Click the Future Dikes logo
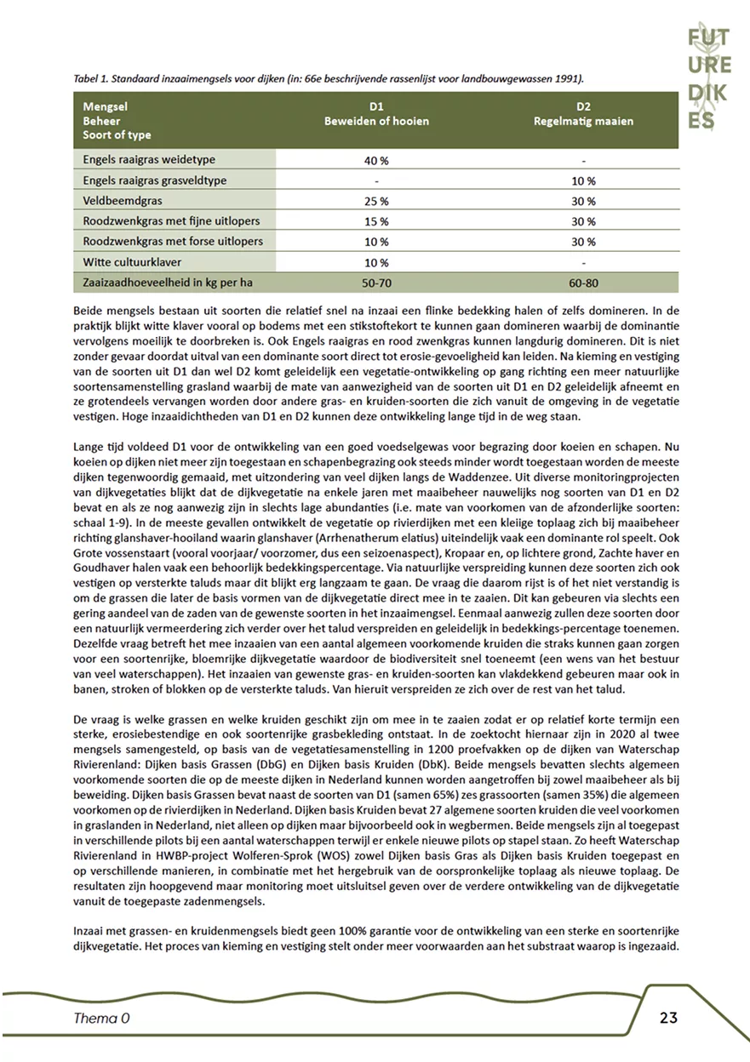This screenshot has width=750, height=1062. coord(709,77)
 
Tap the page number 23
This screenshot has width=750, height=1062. coord(667,1018)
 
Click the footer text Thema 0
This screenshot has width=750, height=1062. coord(102,1018)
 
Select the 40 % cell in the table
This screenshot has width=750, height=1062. coord(375,160)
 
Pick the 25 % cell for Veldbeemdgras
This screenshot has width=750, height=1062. coord(375,201)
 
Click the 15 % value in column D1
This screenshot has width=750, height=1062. coord(375,221)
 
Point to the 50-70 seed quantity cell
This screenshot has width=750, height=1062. coord(375,282)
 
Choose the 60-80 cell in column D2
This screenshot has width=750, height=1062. coord(583,282)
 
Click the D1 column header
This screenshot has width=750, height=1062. coord(376,107)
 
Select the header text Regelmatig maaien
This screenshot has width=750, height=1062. coord(583,121)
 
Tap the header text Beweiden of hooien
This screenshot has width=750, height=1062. coord(376,121)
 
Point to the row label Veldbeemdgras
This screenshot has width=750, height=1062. coord(125,201)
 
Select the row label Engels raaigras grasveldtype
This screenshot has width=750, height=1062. coord(162,180)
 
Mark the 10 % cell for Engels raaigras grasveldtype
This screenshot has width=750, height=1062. coord(583,180)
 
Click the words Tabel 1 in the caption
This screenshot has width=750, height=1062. coord(94,78)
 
